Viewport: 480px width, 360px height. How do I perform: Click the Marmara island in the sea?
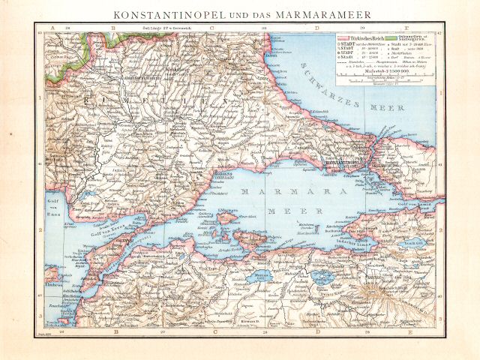tap(224, 218)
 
